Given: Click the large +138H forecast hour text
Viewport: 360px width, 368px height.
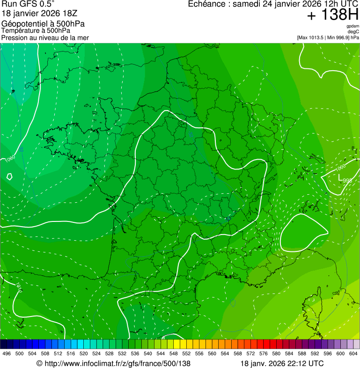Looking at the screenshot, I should (x=332, y=15).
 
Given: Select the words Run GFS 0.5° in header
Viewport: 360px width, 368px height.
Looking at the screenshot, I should (x=28, y=4).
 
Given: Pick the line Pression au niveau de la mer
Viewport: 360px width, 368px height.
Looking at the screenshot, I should (x=45, y=37).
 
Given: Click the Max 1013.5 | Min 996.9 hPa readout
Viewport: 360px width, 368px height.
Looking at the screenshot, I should (x=328, y=37).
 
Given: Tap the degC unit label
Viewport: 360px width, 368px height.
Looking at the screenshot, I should (x=353, y=32).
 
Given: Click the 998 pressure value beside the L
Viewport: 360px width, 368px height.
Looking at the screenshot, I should (x=347, y=180).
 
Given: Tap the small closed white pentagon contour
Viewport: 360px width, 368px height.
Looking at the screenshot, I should (x=9, y=177).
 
